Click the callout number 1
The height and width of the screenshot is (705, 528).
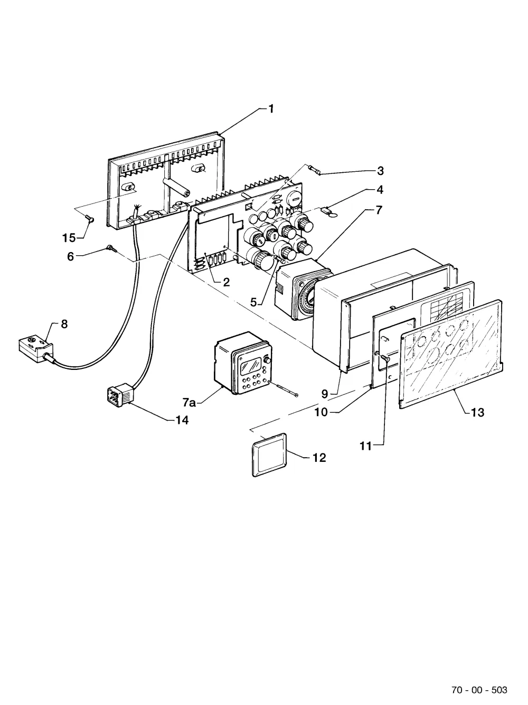(x=271, y=109)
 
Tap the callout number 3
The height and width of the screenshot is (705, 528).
(x=380, y=171)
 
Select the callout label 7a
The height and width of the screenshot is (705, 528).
(x=189, y=403)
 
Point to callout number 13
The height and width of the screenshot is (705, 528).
(x=477, y=412)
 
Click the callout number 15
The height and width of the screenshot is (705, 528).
(x=69, y=238)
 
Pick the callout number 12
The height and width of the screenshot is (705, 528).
(x=319, y=458)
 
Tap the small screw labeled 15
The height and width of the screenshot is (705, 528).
(x=89, y=219)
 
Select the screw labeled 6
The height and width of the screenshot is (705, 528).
(x=111, y=248)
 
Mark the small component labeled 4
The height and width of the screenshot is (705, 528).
(x=329, y=212)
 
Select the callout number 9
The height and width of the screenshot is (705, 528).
(x=325, y=394)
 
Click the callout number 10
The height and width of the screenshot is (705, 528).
(x=321, y=412)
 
